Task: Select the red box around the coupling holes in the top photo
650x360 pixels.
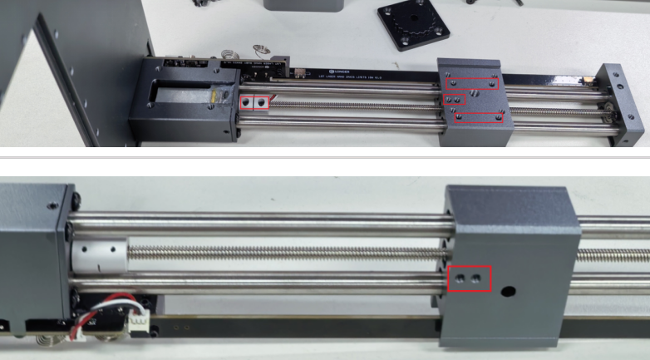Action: click(255, 102)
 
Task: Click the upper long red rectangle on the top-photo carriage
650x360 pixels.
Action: click(472, 84)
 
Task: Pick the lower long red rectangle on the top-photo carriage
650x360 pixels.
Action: click(478, 116)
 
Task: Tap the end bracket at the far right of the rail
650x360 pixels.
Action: click(621, 104)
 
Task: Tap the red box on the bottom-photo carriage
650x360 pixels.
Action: click(469, 279)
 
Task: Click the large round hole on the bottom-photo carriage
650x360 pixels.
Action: click(508, 293)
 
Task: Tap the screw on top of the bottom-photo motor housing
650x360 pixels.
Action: click(52, 205)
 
